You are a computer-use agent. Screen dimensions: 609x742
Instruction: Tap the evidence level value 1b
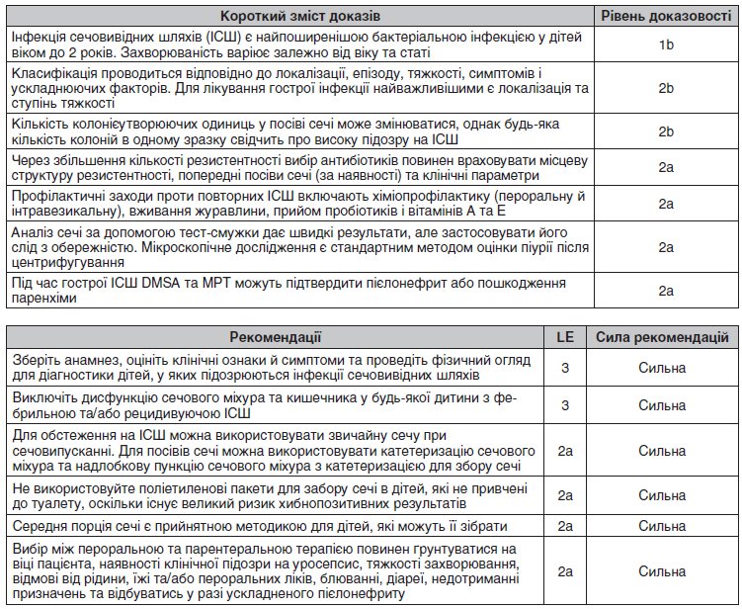(x=665, y=44)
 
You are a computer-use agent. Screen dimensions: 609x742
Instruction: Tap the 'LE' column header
(x=565, y=337)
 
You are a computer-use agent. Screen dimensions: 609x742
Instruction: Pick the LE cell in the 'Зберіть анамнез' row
(x=565, y=368)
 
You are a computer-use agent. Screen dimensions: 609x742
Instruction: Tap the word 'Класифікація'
(x=50, y=76)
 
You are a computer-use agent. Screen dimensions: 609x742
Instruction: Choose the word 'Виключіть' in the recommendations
(x=39, y=396)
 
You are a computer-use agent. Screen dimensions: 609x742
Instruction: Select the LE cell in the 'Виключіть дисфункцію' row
(x=565, y=404)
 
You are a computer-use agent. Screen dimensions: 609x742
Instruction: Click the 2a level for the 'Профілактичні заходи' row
(x=665, y=204)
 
